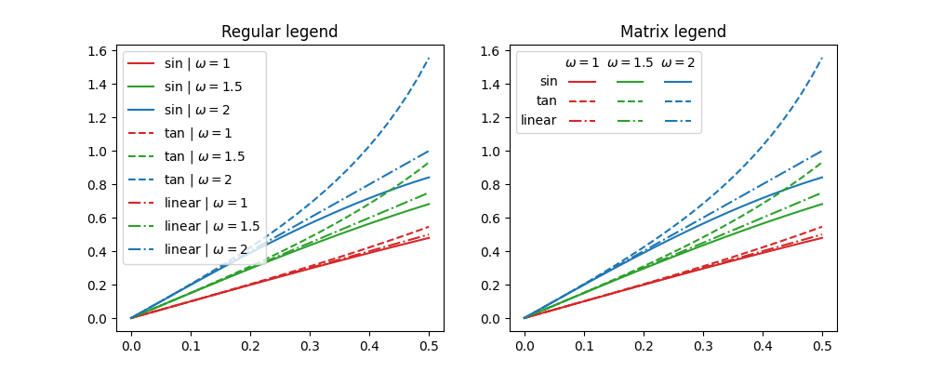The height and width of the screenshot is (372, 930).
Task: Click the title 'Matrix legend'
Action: (673, 32)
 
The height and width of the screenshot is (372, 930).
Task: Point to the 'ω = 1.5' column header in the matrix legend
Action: (630, 63)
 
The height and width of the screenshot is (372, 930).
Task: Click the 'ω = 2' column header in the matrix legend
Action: (678, 63)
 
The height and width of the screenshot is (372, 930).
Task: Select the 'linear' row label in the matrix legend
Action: (538, 120)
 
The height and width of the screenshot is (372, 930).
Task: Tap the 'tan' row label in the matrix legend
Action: (547, 100)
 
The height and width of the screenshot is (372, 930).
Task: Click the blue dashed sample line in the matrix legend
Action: (678, 100)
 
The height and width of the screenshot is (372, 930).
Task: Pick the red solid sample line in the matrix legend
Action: (582, 82)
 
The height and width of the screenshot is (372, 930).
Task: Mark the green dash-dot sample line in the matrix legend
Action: (630, 120)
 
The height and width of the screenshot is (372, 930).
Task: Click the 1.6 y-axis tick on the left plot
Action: (97, 50)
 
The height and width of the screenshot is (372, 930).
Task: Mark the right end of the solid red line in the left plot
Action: (429, 238)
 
